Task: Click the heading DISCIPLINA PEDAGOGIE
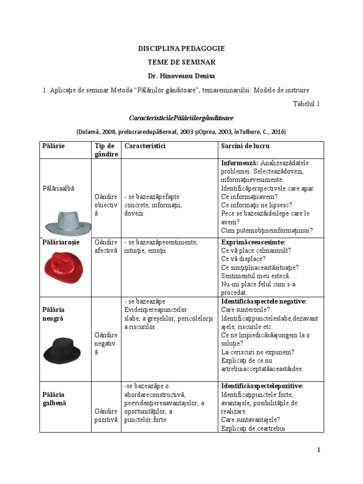[181, 48]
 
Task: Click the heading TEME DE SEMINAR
[181, 62]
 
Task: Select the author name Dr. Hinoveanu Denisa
[181, 76]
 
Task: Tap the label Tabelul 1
[306, 104]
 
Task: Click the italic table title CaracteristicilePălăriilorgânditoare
[181, 117]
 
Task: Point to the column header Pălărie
[53, 146]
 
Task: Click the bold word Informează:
[239, 163]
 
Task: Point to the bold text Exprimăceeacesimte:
[253, 242]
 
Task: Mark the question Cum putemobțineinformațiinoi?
[267, 231]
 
